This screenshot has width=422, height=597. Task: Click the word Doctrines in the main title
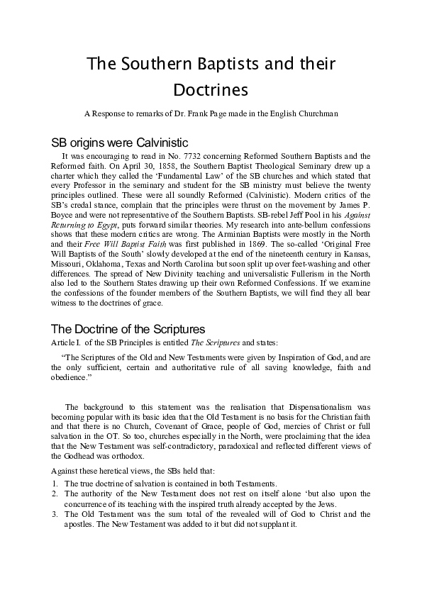click(x=211, y=90)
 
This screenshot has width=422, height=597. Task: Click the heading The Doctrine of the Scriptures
click(x=128, y=329)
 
